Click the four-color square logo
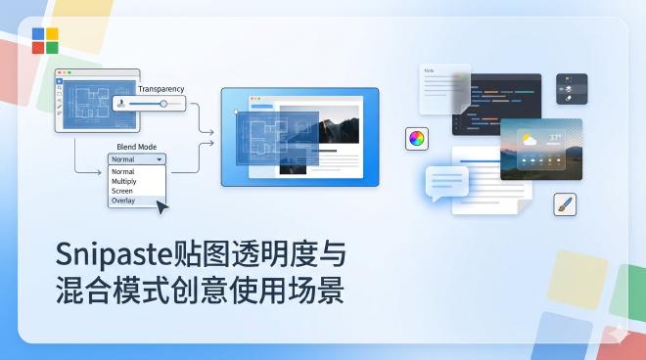coord(45,40)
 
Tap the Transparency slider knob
coord(162,103)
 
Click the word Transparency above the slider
coord(161,89)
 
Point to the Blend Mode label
coord(136,146)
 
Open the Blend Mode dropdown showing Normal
coord(137,158)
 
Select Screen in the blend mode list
coord(121,191)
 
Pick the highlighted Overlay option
coord(123,201)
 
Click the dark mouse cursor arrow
coord(161,206)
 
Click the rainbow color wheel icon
coord(417,138)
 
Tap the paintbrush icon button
coord(565,204)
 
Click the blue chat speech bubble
coord(447,182)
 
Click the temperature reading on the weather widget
coord(556,137)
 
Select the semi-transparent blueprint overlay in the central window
coord(279,141)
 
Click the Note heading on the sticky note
coord(429,71)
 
